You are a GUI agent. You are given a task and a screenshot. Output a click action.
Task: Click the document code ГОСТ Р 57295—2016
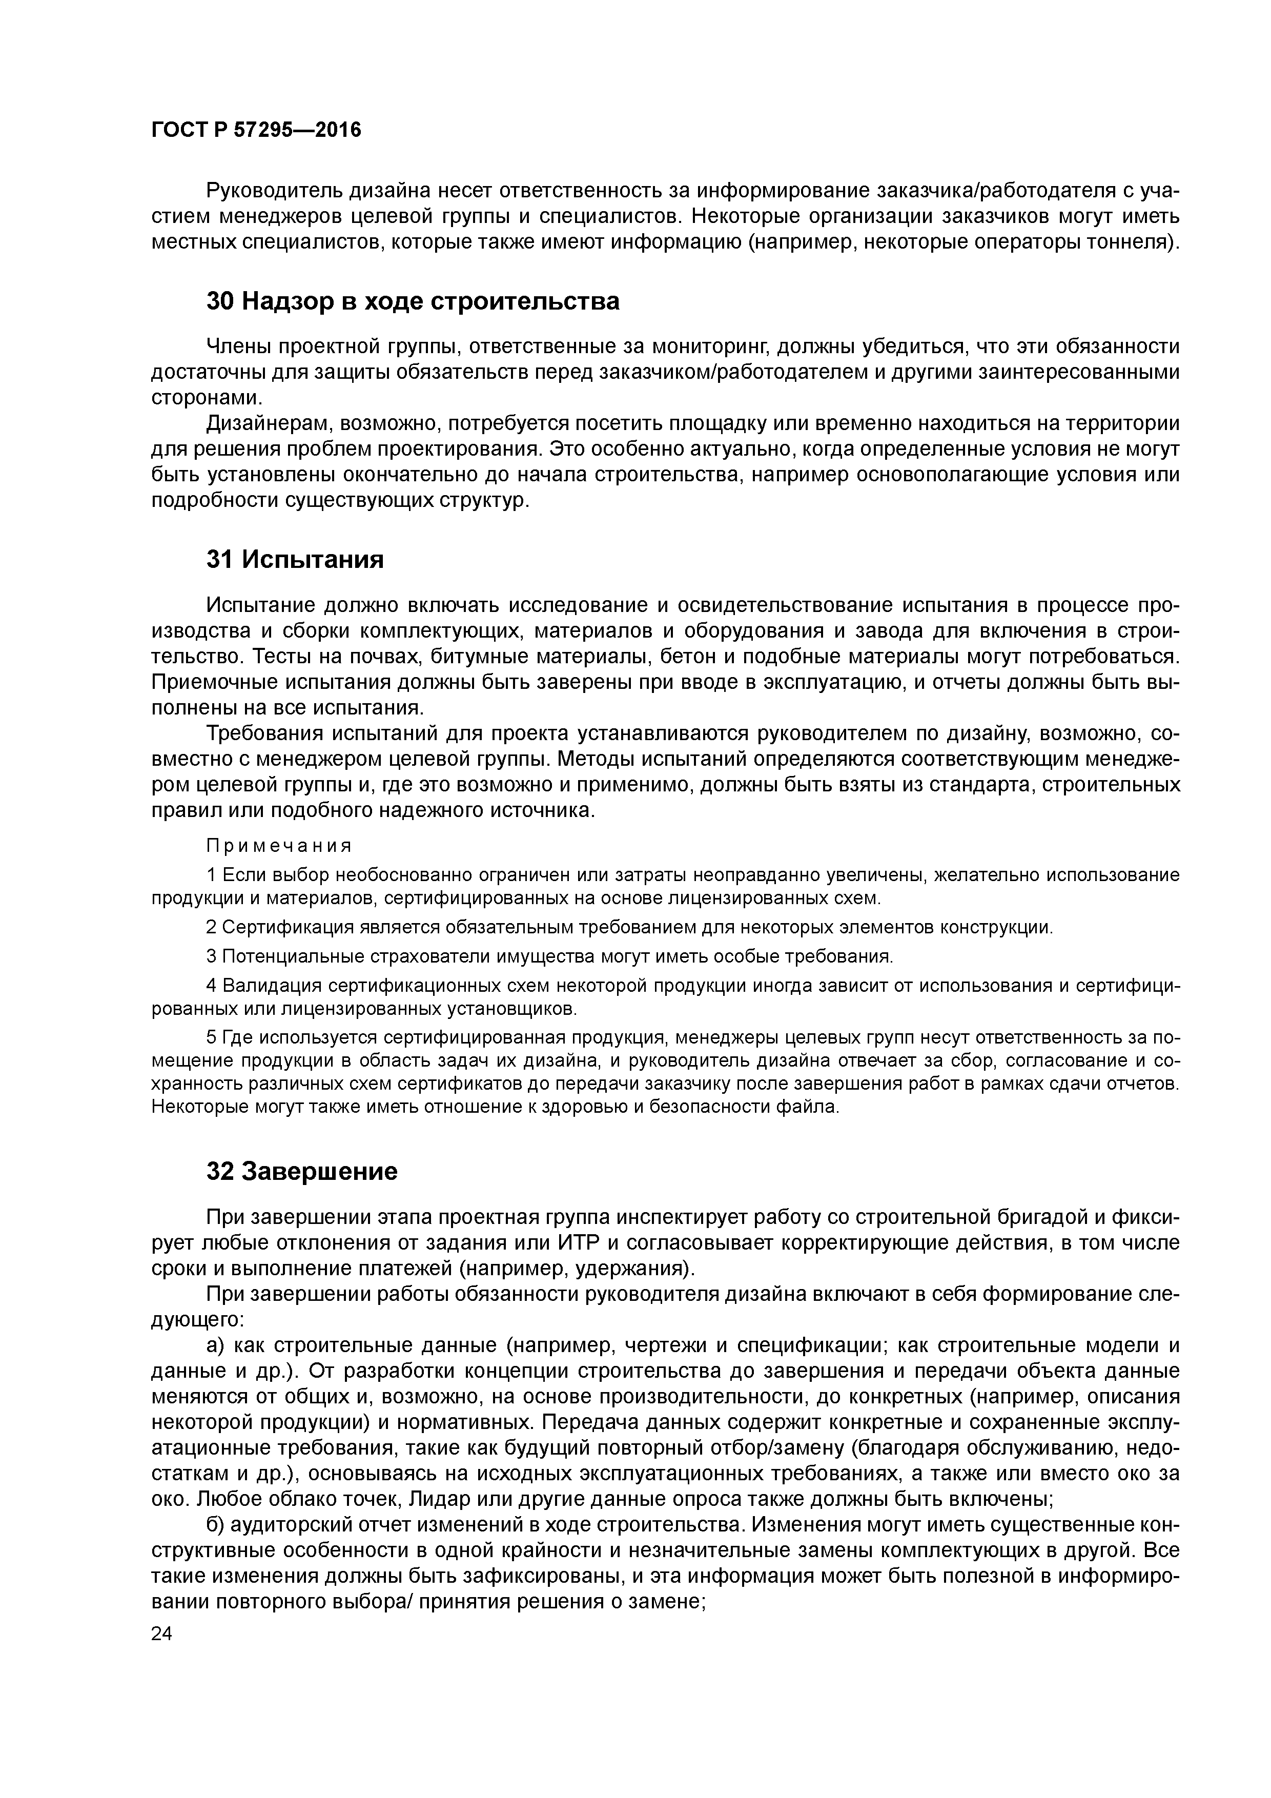[x=256, y=130]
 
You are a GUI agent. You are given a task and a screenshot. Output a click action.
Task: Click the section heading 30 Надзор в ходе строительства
[x=413, y=301]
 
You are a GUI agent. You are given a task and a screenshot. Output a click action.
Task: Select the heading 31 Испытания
[x=295, y=559]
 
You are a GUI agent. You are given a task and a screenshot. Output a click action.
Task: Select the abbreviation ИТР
[x=580, y=1243]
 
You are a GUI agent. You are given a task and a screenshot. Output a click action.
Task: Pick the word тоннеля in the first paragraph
[x=1134, y=242]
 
